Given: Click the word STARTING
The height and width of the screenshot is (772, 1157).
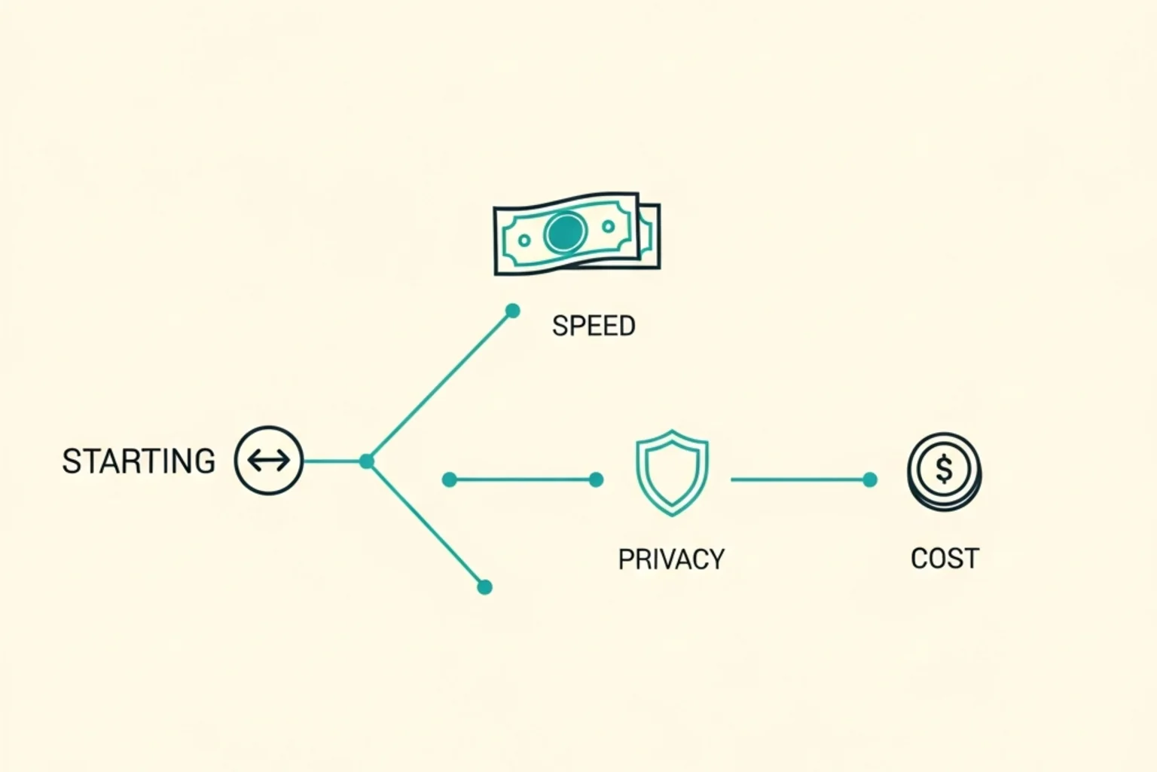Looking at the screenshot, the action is tap(139, 461).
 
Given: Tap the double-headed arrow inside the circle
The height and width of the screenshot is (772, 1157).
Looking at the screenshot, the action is tap(269, 460).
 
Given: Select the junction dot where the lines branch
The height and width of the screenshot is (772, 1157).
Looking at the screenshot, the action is tap(367, 461).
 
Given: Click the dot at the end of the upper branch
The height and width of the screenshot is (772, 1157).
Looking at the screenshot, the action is tap(512, 311).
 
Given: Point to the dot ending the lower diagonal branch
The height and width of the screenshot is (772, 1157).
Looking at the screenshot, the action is tap(484, 587).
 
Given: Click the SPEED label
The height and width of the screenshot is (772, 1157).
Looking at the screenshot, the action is tap(594, 326).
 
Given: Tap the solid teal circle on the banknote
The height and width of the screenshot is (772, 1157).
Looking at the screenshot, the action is tap(566, 232).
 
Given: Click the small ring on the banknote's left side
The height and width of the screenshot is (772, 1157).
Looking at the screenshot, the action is tap(524, 240).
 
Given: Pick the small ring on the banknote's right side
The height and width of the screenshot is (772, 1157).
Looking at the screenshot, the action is tap(609, 226).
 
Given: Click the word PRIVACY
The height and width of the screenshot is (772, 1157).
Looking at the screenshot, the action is tap(671, 559).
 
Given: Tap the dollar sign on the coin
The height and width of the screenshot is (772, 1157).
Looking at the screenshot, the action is tap(944, 469).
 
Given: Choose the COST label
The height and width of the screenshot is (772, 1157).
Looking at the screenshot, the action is tap(945, 559).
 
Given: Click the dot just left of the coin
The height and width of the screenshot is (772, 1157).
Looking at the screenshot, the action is tap(870, 479).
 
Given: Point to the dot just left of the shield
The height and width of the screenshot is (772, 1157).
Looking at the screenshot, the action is tap(596, 479).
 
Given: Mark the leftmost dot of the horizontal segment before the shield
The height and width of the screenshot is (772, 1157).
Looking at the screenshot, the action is tap(450, 479).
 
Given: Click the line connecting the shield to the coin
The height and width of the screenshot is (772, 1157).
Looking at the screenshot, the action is tap(800, 479).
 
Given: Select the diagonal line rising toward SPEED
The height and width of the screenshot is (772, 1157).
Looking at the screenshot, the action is tap(440, 386).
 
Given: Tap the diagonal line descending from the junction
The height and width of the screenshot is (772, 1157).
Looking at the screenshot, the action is tap(426, 524).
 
